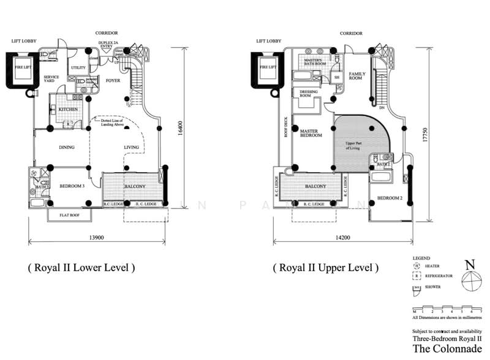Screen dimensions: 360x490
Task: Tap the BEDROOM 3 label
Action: point(71,186)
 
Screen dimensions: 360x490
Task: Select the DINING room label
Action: point(66,148)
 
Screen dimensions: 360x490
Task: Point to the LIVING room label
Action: point(132,148)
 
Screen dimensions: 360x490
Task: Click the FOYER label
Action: point(113,79)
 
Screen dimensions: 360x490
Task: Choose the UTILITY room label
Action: point(78,67)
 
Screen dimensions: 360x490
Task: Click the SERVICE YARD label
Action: point(51,80)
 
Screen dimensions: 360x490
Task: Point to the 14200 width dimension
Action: point(338,236)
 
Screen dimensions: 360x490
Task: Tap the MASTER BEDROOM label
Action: point(311,132)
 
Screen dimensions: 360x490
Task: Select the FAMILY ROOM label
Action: point(357,76)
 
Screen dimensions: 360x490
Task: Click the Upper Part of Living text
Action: point(355,145)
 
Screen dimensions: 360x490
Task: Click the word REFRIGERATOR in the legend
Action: point(438,276)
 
